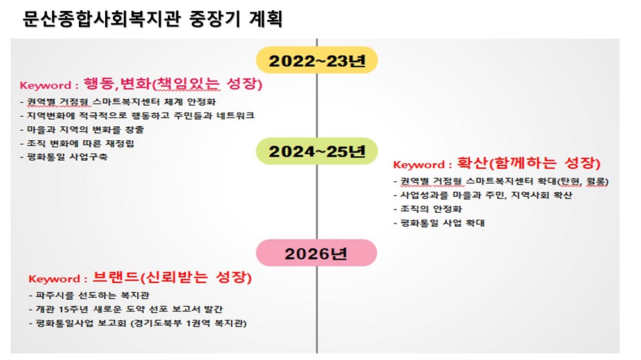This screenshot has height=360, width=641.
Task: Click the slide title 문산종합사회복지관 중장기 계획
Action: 152,19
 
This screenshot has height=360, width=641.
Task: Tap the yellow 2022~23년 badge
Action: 317,60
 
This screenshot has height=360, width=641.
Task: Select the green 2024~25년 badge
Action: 317,151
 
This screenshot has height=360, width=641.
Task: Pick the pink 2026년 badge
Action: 317,253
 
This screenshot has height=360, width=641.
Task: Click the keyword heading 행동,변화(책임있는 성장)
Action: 173,83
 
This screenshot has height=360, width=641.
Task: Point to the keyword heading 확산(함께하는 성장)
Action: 529,163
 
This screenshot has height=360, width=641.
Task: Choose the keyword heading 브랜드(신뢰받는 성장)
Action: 172,277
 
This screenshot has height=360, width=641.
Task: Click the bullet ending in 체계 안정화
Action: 118,102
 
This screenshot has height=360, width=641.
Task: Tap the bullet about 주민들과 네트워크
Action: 137,116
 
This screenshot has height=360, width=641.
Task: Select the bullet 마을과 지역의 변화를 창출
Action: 82,129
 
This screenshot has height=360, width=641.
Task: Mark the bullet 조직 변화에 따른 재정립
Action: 77,143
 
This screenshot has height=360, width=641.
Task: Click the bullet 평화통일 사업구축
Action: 63,157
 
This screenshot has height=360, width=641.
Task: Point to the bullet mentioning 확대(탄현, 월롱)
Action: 501,181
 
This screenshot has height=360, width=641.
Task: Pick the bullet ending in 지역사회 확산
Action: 483,195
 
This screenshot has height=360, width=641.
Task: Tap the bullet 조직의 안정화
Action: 428,209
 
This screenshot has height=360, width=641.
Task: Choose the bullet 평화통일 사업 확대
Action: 438,223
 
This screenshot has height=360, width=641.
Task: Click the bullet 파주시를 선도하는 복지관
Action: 89,295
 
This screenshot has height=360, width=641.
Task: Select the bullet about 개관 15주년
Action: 126,309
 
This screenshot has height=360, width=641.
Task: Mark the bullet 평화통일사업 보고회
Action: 138,323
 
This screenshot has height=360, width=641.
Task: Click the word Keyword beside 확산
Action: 419,165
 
